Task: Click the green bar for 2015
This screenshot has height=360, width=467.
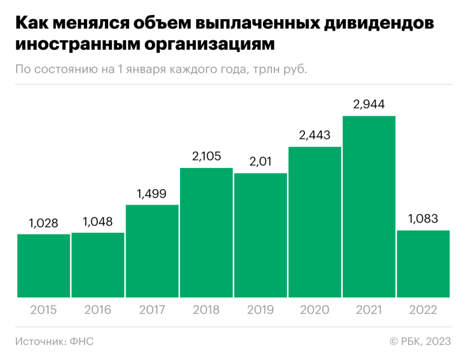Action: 44,265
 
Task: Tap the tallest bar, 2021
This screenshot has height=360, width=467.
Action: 369,206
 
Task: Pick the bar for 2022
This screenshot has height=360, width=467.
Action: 423,263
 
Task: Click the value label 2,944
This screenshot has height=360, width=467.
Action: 369,104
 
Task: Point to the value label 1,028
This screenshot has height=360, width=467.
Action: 44,223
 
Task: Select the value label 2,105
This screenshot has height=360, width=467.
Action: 206,157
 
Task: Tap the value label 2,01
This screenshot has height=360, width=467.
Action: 261,162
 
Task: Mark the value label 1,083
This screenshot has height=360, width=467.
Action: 423,219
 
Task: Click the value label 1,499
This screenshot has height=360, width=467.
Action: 152,194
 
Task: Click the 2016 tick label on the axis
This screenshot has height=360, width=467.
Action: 98,310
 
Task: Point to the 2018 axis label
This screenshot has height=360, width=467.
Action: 206,310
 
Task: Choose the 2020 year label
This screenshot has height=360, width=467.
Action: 315,310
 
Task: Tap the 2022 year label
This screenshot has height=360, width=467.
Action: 423,310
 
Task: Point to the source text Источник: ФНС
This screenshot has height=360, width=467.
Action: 55,341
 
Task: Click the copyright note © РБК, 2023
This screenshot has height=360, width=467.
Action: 420,341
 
